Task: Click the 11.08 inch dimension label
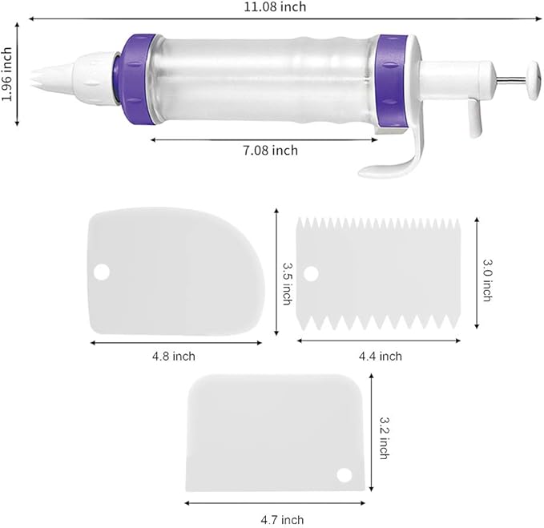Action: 275,7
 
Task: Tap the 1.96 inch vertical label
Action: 7,75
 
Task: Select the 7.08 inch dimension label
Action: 270,151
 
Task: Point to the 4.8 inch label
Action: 174,357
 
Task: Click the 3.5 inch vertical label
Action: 288,284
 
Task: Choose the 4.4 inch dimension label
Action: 381,357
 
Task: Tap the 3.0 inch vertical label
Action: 487,280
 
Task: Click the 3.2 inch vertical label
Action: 385,438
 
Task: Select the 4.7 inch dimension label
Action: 282,520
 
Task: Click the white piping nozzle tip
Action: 52,78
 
